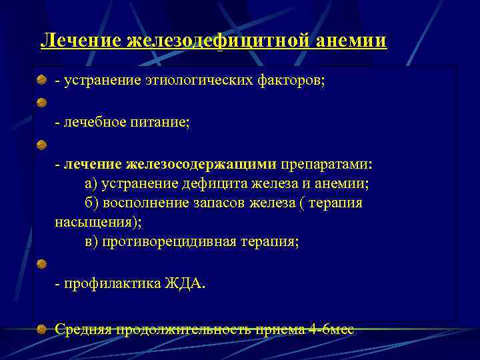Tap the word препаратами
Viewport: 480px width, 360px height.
(327, 164)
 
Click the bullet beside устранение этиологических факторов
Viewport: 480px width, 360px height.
(42, 81)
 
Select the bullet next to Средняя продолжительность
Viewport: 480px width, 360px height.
(42, 329)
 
